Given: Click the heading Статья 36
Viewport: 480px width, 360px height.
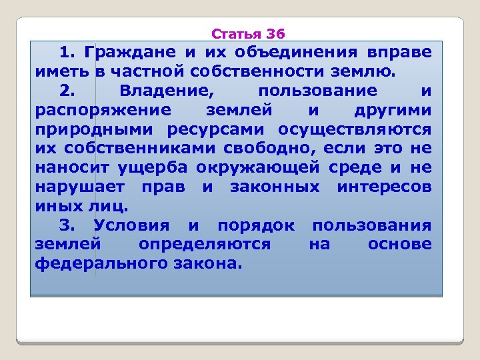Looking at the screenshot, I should [247, 33].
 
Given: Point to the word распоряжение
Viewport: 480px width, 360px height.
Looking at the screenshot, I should [101, 110].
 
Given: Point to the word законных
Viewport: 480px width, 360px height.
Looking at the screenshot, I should [275, 187].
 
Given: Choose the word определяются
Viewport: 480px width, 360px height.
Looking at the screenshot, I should [205, 245].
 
